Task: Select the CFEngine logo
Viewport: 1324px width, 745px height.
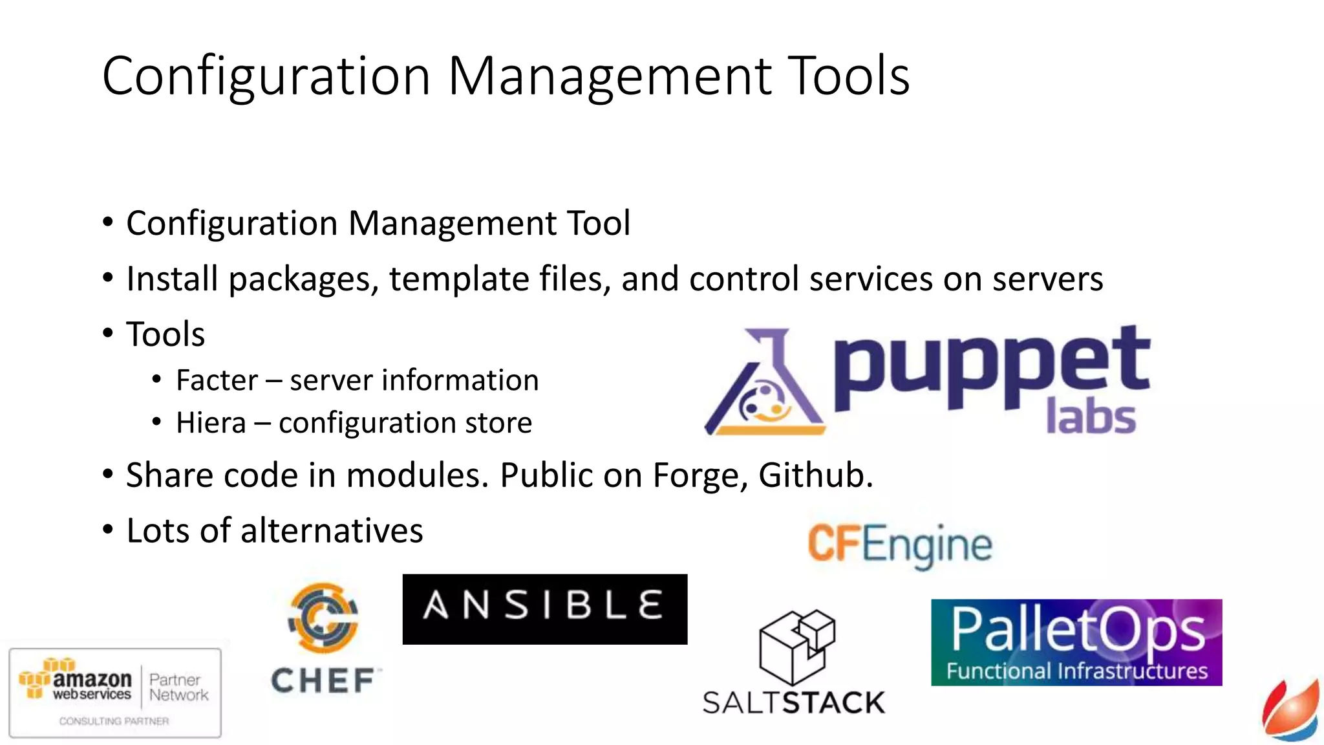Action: [899, 545]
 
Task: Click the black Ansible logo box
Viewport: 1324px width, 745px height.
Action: [544, 609]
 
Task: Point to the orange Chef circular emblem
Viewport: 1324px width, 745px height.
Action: [323, 617]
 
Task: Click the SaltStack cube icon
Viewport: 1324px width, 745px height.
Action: [796, 647]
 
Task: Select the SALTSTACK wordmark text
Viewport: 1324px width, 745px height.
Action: [793, 703]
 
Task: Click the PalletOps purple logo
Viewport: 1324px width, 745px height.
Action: [1076, 642]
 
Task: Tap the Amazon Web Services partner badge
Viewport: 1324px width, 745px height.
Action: [115, 693]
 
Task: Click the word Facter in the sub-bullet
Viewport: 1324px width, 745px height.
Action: [217, 380]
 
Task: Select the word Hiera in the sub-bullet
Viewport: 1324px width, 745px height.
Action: [211, 423]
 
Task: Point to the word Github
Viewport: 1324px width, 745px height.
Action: [815, 475]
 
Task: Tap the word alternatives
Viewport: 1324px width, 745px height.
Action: [332, 531]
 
